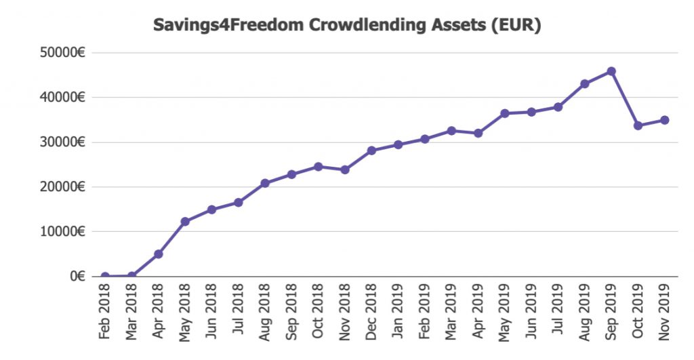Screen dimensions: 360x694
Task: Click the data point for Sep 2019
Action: pyautogui.click(x=611, y=71)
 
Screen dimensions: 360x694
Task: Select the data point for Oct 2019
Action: pyautogui.click(x=638, y=125)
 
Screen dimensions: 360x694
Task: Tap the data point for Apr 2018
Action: pyautogui.click(x=158, y=254)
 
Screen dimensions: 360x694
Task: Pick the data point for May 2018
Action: pyautogui.click(x=185, y=221)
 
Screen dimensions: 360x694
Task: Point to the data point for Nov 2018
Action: pyautogui.click(x=345, y=169)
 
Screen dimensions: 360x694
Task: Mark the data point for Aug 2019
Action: pyautogui.click(x=584, y=84)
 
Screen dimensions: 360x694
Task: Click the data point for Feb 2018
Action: pyautogui.click(x=105, y=277)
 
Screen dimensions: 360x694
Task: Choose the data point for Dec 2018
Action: pyautogui.click(x=371, y=151)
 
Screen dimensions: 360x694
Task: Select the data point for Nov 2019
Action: pyautogui.click(x=664, y=120)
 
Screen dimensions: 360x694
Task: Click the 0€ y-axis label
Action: pyautogui.click(x=76, y=276)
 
